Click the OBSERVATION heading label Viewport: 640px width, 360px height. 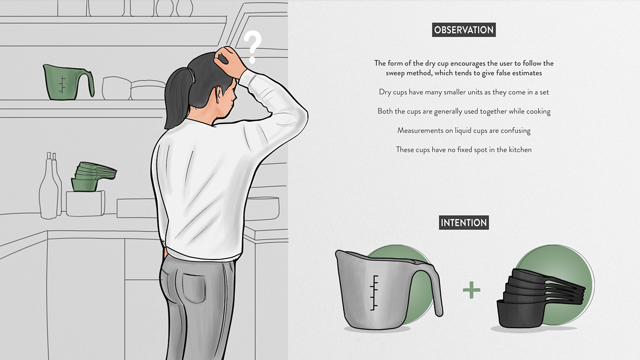(464, 30)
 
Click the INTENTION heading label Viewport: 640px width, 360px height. (464, 222)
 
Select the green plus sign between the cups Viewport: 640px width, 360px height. (471, 290)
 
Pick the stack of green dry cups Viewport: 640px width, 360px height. (93, 176)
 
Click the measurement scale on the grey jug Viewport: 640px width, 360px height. (374, 293)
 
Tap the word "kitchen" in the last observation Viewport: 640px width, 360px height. (520, 149)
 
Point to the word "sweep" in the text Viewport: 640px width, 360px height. (395, 73)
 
